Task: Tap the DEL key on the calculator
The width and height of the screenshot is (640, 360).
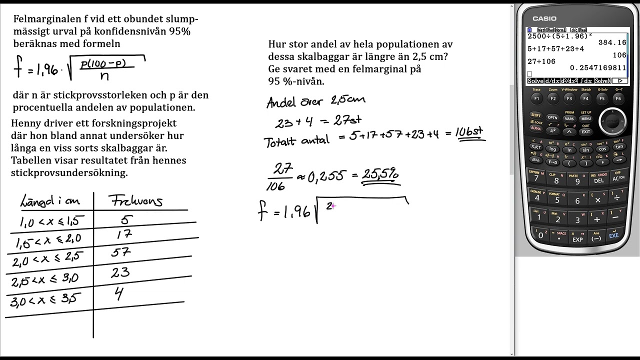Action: [599, 178]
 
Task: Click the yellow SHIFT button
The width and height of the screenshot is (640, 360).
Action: [536, 115]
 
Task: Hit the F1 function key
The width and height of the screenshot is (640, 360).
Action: [536, 97]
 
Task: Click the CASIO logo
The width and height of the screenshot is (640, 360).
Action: [544, 18]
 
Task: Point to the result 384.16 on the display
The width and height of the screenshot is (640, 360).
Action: [612, 42]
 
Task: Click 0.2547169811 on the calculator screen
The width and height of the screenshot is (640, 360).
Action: [598, 67]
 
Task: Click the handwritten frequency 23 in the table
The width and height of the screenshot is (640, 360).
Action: [120, 272]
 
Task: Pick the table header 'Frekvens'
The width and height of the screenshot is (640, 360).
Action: [135, 201]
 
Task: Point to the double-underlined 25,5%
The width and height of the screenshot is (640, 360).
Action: [380, 174]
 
